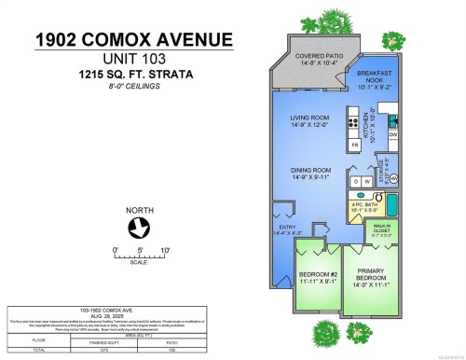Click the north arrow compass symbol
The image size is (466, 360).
click(139, 226)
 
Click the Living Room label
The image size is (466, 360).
click(310, 119)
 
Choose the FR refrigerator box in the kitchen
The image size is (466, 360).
click(354, 145)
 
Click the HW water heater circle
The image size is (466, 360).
click(393, 177)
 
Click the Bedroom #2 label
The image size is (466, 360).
click(318, 277)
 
